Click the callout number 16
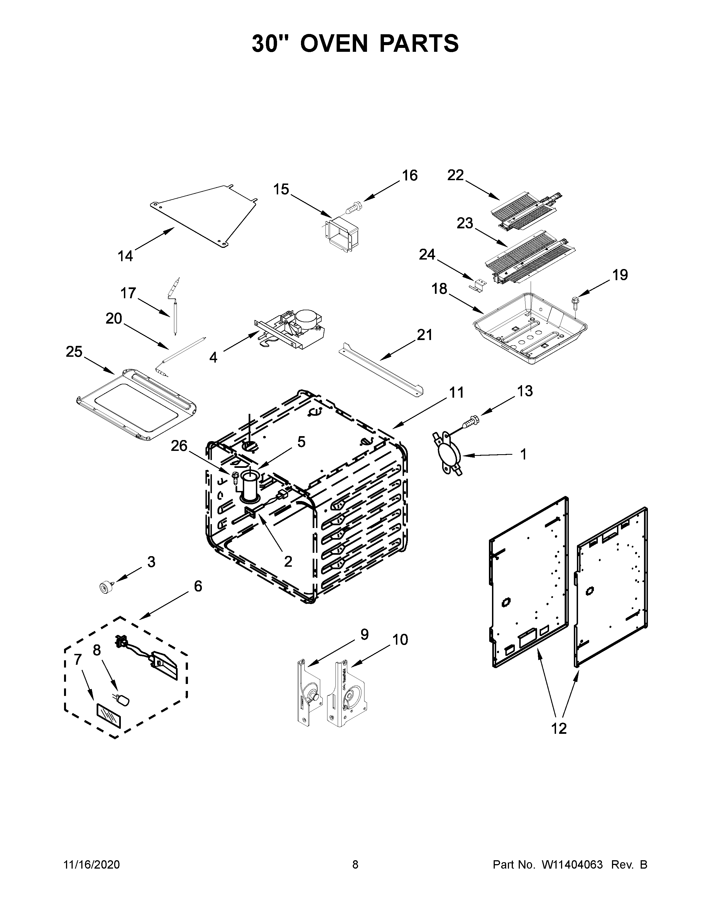pos(409,175)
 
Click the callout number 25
pos(74,351)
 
